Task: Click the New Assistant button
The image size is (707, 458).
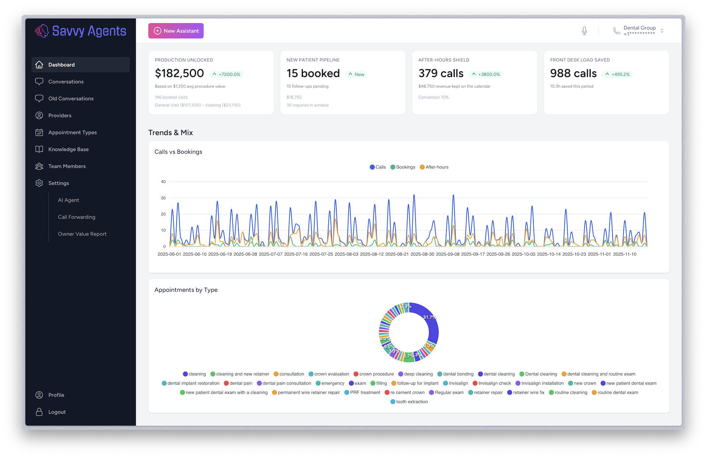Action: click(x=176, y=31)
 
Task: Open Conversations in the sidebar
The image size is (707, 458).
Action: click(x=66, y=82)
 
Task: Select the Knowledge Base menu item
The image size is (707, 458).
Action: click(x=68, y=150)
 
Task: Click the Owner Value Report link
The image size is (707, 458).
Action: click(x=82, y=234)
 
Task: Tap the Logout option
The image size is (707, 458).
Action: click(x=57, y=412)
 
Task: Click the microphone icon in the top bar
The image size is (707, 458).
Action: click(x=584, y=31)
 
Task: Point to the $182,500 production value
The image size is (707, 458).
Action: click(x=179, y=73)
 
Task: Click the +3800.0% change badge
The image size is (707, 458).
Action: click(x=486, y=74)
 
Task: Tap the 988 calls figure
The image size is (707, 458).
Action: click(x=573, y=73)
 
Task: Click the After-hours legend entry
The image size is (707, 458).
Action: click(x=434, y=167)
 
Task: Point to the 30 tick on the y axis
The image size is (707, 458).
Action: click(x=163, y=198)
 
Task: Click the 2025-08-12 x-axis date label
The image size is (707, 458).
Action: click(x=372, y=254)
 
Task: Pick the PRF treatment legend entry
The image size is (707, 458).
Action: click(x=362, y=393)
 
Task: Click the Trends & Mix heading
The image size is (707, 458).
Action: click(x=170, y=133)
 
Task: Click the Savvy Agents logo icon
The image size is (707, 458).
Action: click(x=42, y=31)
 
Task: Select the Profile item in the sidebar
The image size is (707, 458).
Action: click(x=56, y=395)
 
